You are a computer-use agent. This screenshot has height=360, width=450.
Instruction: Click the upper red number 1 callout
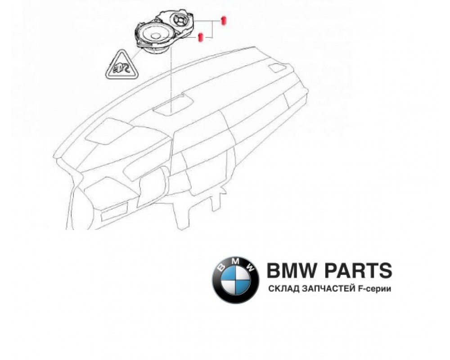223,20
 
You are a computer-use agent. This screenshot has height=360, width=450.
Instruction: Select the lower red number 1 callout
201,36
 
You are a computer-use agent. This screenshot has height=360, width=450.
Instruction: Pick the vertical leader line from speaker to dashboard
171,76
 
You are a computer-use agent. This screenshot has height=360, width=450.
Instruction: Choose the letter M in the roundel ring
236,263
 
